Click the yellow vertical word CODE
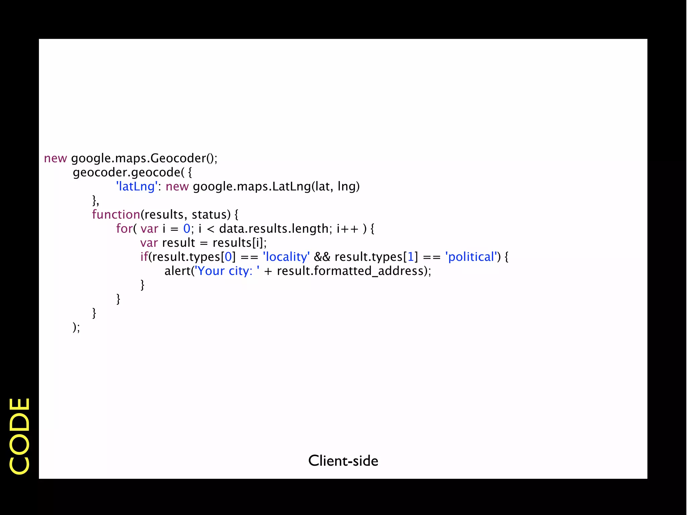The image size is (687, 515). pos(19,436)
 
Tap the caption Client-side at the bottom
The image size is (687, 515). pos(343,461)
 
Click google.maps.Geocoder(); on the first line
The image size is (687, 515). pos(144,158)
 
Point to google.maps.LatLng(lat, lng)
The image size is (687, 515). pos(276,186)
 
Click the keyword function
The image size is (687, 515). pos(116,215)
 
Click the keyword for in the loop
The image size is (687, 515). pos(124,229)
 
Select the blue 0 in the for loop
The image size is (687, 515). pos(187,229)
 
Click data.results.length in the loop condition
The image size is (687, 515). pos(274,229)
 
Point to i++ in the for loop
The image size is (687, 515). pos(348,229)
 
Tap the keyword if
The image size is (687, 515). pos(144,257)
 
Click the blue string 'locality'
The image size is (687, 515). pos(286,257)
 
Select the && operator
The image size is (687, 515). pos(322,257)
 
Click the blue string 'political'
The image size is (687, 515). pos(471,257)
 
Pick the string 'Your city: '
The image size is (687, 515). pos(227,271)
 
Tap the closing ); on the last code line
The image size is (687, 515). pos(76,327)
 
